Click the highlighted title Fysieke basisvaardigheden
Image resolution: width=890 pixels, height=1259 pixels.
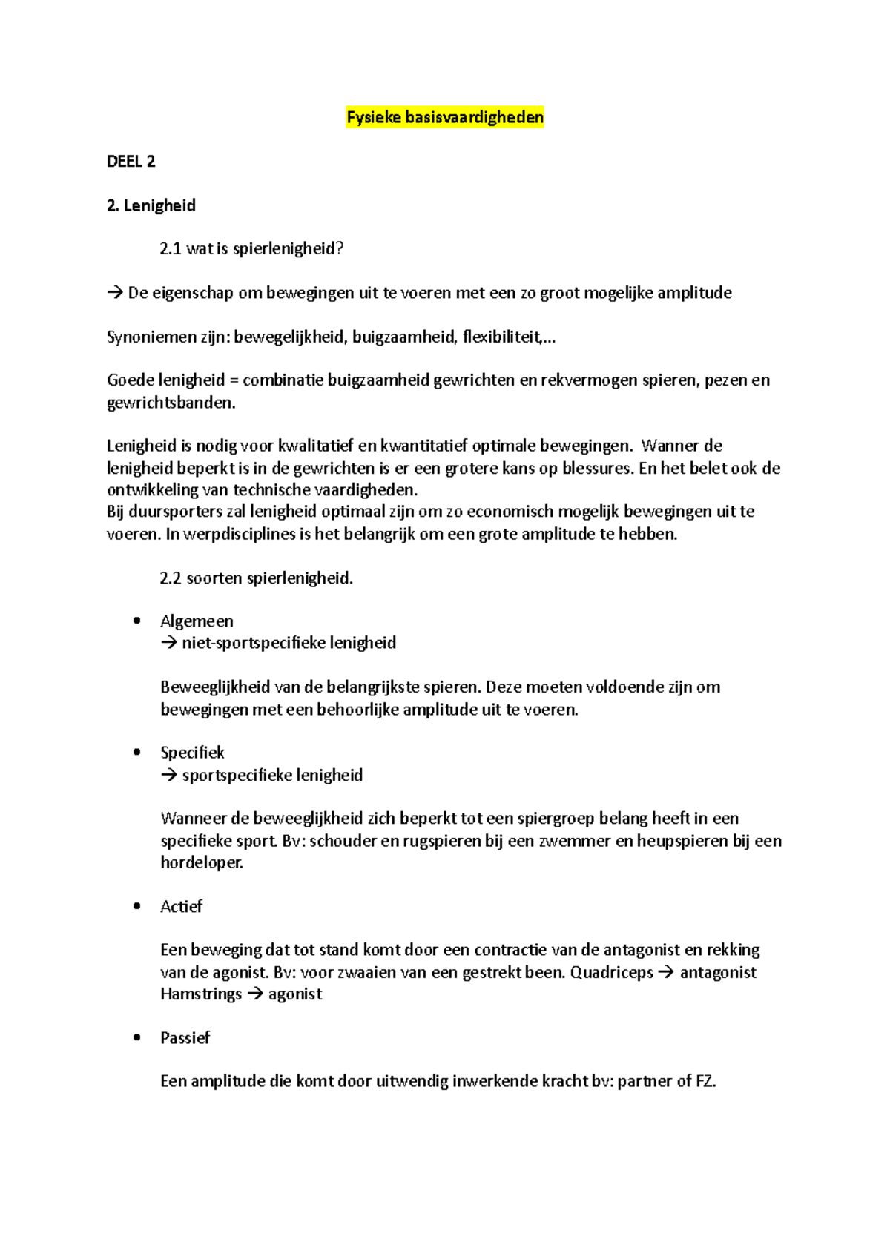[445, 117]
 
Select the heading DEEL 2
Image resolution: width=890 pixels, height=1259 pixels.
[131, 162]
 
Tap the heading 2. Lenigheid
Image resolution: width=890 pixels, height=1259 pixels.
[151, 205]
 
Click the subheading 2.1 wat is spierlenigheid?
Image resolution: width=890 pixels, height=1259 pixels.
[251, 249]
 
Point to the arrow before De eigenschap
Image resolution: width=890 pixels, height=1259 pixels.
[115, 293]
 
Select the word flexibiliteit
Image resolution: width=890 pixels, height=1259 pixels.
[501, 337]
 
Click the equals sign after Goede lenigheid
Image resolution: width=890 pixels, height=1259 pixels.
[234, 380]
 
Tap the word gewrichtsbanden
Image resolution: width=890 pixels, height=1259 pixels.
[170, 403]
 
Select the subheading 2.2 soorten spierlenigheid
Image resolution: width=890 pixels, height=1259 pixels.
[257, 578]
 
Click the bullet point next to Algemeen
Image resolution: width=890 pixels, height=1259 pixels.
[136, 621]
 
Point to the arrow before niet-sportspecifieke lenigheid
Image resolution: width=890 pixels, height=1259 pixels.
[168, 643]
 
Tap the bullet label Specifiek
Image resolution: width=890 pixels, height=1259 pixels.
[192, 753]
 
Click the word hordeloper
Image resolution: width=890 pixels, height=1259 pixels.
[201, 862]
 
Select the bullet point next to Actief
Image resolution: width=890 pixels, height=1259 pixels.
[136, 906]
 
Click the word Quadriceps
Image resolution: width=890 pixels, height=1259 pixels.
[612, 972]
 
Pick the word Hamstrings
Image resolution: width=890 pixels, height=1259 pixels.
[201, 994]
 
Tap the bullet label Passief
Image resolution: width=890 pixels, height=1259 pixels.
[185, 1038]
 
